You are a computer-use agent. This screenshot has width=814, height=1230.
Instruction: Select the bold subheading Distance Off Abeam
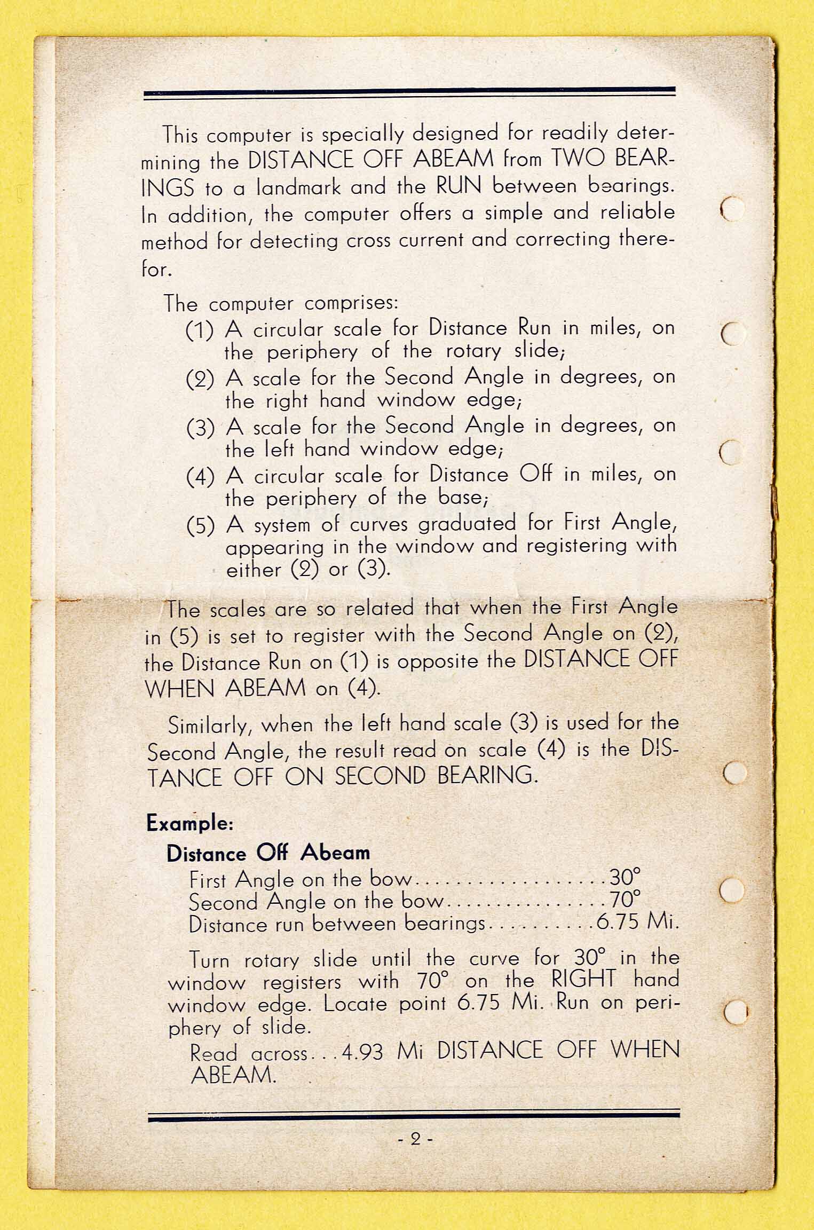pos(268,853)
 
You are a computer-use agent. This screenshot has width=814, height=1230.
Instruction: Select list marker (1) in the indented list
pos(200,330)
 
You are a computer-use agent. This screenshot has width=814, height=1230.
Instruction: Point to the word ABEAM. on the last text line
pos(233,1075)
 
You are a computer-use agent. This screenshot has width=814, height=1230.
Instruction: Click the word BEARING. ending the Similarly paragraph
pos(487,776)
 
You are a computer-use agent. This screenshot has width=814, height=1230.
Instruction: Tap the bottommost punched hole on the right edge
pos(735,1011)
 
